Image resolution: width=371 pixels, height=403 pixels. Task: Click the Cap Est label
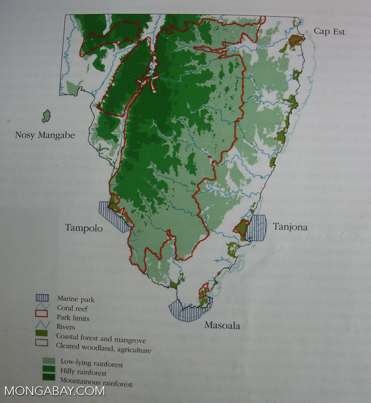[x=329, y=31]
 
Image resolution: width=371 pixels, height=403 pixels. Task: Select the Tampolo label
[x=84, y=228]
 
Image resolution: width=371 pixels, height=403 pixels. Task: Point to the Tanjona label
[x=290, y=227]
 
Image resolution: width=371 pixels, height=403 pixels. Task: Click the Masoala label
[x=222, y=325]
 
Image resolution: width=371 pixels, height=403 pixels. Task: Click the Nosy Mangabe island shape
[x=47, y=116]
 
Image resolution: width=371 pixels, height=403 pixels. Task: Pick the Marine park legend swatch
[x=42, y=298]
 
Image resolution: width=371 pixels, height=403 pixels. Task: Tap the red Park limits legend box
[x=42, y=317]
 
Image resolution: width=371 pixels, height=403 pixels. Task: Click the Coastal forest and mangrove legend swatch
[x=42, y=335]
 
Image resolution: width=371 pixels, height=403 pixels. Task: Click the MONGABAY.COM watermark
[x=54, y=391]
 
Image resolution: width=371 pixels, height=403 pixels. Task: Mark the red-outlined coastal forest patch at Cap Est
[x=296, y=40]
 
